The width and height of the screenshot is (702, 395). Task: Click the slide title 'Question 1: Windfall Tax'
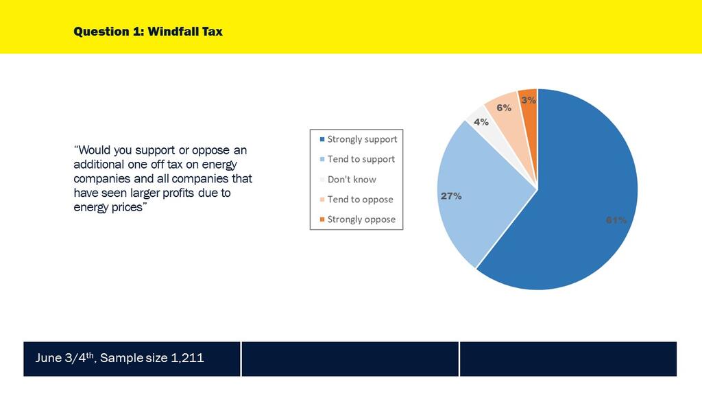(x=148, y=32)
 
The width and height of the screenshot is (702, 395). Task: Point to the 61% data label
(x=615, y=220)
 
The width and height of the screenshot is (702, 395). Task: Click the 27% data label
(x=450, y=196)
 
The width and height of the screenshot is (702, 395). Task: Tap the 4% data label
(x=481, y=122)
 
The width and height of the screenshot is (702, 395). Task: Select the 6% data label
(x=504, y=108)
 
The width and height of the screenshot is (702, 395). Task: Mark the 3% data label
(x=529, y=100)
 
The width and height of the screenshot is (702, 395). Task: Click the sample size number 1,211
(x=189, y=358)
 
